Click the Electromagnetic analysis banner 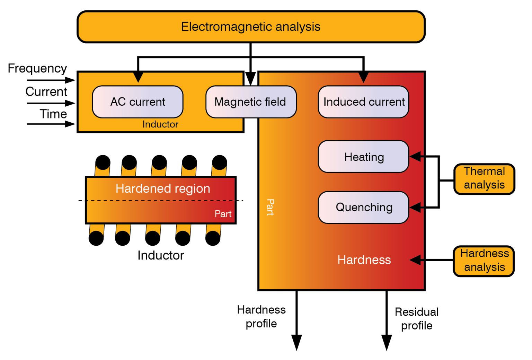pyautogui.click(x=251, y=27)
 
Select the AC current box pyautogui.click(x=138, y=102)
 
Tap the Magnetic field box pyautogui.click(x=251, y=102)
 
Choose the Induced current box pyautogui.click(x=363, y=102)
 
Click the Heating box pyautogui.click(x=363, y=157)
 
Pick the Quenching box pyautogui.click(x=363, y=207)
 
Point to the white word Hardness pyautogui.click(x=364, y=260)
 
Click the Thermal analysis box pyautogui.click(x=484, y=179)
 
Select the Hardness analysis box pyautogui.click(x=484, y=261)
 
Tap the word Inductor pyautogui.click(x=160, y=124)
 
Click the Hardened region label pyautogui.click(x=163, y=189)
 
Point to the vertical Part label pyautogui.click(x=270, y=207)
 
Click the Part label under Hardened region pyautogui.click(x=223, y=214)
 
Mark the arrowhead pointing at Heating pyautogui.click(x=416, y=157)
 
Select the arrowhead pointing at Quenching pyautogui.click(x=416, y=207)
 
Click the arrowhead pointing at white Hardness pyautogui.click(x=416, y=260)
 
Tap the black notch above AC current pyautogui.click(x=138, y=77)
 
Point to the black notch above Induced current pyautogui.click(x=363, y=77)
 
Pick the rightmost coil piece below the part pyautogui.click(x=213, y=229)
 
